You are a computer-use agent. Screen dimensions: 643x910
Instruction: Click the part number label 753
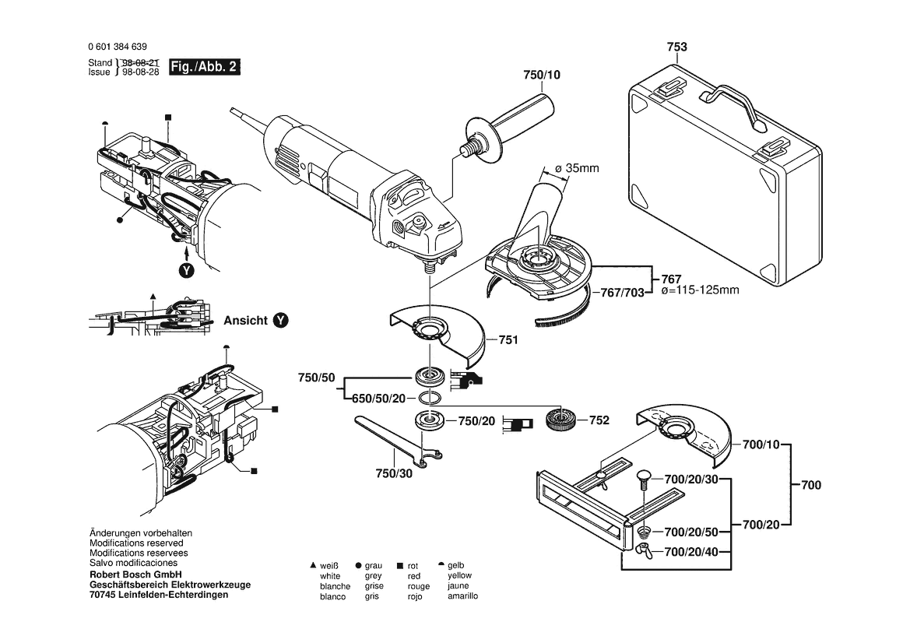point(676,47)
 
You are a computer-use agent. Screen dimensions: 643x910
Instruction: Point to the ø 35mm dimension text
point(577,167)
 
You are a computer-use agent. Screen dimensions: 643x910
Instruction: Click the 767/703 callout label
point(624,293)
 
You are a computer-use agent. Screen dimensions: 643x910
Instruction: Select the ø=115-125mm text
point(699,290)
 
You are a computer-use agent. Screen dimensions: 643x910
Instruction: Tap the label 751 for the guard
point(508,340)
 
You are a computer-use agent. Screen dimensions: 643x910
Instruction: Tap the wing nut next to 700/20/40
point(643,552)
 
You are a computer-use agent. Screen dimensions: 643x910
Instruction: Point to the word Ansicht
point(245,320)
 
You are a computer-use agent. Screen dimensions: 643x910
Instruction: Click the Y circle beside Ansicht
point(279,320)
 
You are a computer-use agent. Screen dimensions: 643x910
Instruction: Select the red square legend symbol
point(400,566)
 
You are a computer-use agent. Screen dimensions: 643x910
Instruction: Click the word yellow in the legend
point(459,575)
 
